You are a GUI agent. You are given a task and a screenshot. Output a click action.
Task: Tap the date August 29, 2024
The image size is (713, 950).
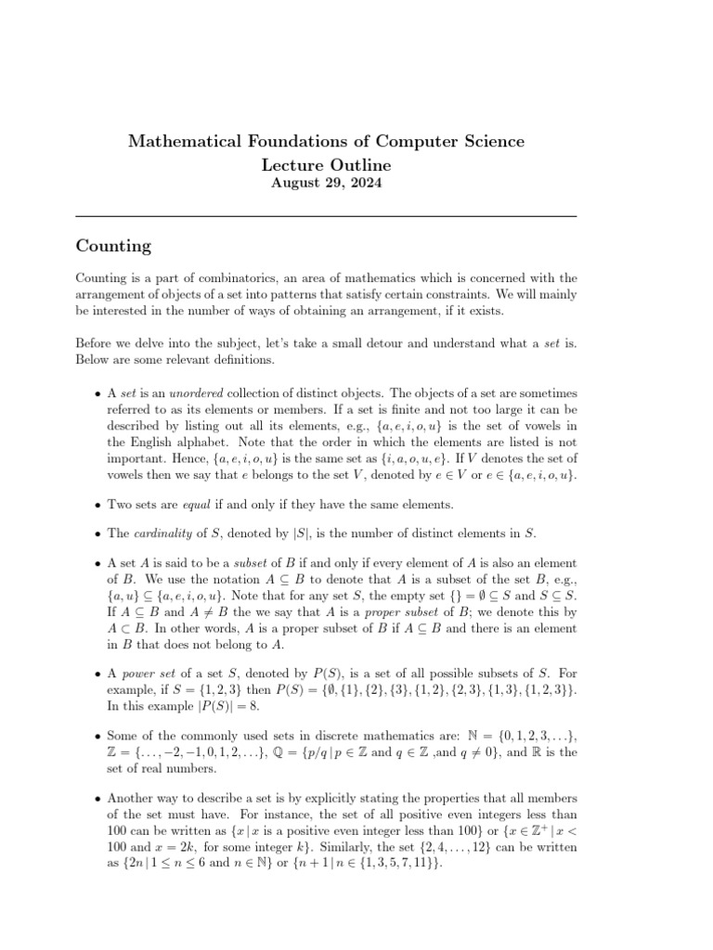[325, 184]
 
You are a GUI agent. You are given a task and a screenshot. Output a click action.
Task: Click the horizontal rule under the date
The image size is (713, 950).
[325, 216]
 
